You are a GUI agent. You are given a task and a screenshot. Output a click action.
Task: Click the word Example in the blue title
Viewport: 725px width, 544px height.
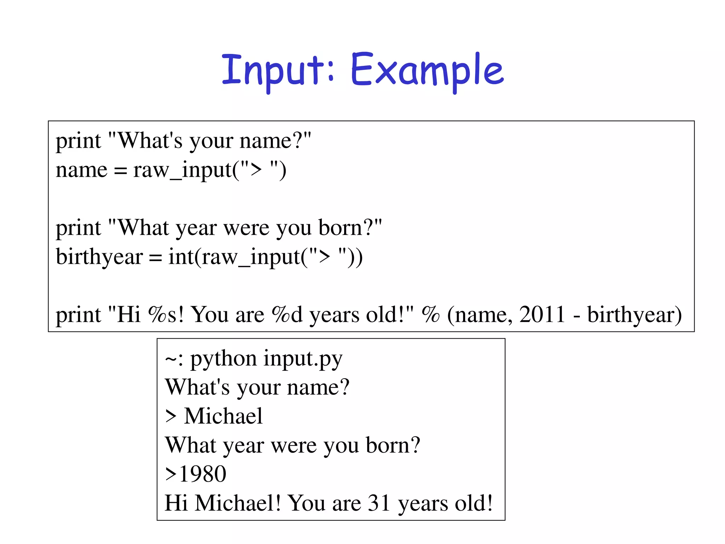427,71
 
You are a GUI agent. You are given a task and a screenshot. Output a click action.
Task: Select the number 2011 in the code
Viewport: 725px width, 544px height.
542,314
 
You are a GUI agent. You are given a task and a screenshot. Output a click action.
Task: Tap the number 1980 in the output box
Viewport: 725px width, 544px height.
203,474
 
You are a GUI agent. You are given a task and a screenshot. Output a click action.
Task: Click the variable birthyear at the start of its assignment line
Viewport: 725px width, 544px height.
99,257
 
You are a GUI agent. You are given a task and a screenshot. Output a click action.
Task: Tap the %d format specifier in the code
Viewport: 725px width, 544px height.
287,314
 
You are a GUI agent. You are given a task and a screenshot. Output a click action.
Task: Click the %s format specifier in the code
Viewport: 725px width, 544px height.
162,314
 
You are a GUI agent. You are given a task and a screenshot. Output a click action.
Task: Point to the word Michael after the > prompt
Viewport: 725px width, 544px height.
223,416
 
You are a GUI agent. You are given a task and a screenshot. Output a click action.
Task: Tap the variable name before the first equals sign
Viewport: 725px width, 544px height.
81,170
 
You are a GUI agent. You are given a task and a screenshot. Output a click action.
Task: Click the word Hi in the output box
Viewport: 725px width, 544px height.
176,503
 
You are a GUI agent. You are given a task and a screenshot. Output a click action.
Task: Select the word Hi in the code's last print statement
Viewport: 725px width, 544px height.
129,314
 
